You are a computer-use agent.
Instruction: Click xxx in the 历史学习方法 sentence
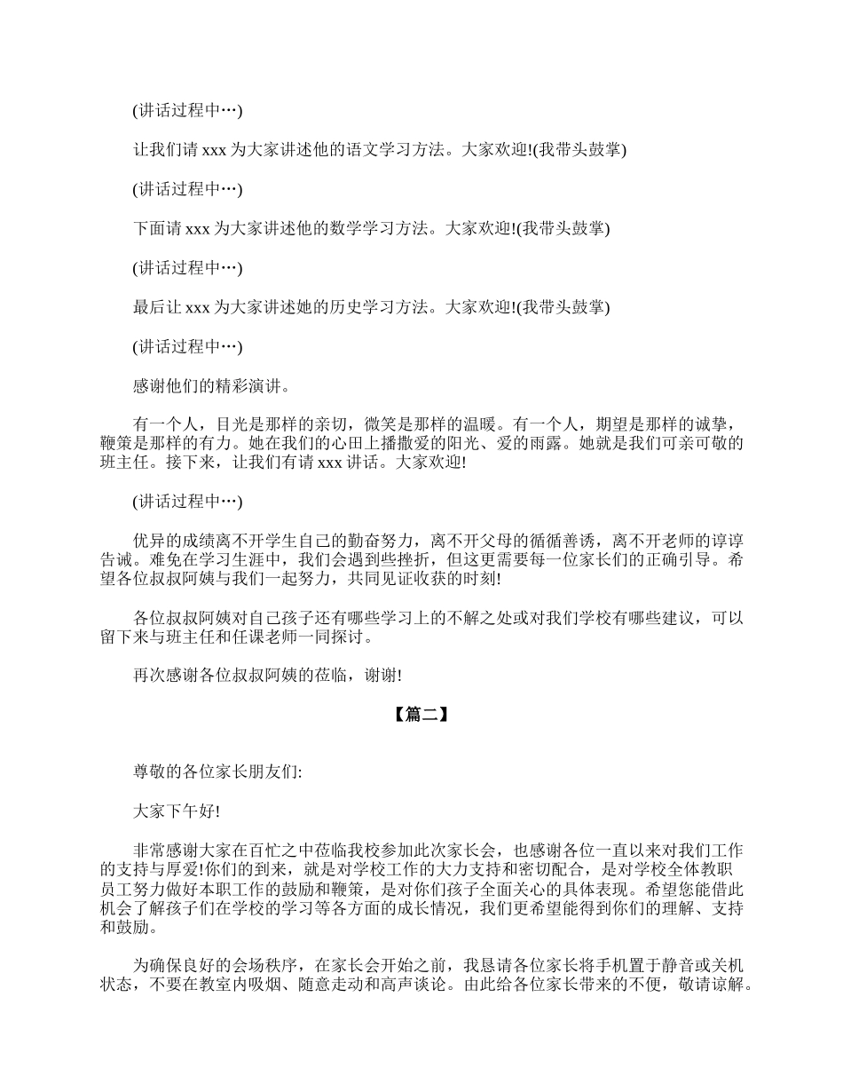tap(196, 307)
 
